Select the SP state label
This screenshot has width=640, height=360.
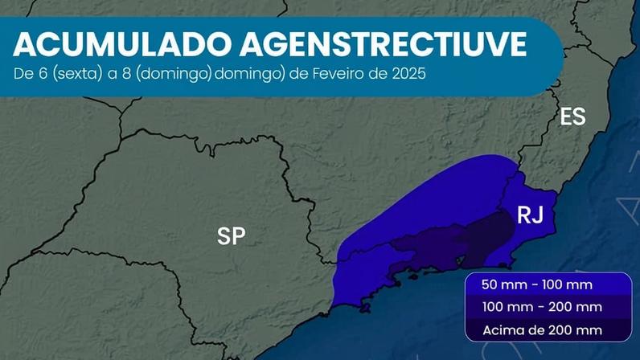tap(232, 236)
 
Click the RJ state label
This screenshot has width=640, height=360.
tap(530, 215)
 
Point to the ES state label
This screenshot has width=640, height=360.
tap(572, 117)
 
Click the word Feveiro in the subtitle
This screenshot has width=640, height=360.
tap(336, 72)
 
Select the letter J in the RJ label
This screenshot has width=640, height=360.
tap(538, 215)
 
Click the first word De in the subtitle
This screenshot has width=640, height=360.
tap(22, 72)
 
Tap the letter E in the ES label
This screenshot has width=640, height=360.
tap(566, 117)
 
